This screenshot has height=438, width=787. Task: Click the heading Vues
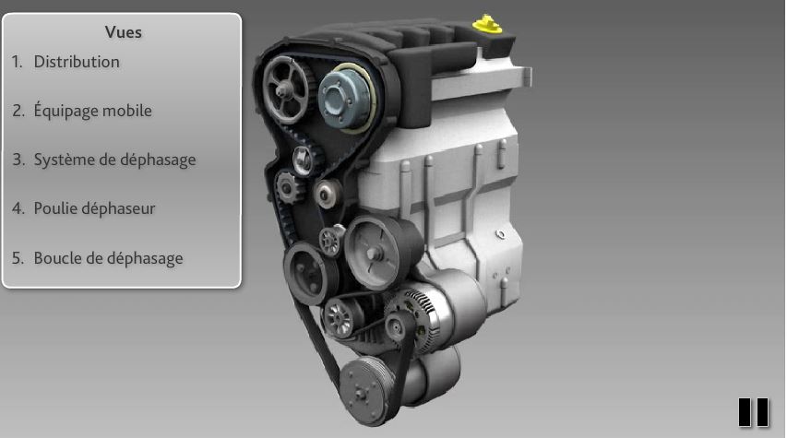(x=124, y=32)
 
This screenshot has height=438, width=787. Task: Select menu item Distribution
(x=77, y=62)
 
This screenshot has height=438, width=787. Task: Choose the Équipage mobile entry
(x=93, y=111)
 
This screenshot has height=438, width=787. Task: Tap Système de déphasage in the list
(x=115, y=160)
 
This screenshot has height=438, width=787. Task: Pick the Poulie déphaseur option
(x=94, y=208)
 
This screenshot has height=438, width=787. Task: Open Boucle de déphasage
(x=109, y=258)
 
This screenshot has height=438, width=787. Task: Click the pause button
(x=753, y=412)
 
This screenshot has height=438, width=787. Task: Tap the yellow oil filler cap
(x=487, y=24)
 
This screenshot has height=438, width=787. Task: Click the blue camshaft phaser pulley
(x=345, y=99)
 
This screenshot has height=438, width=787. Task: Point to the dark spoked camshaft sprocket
(x=287, y=89)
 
